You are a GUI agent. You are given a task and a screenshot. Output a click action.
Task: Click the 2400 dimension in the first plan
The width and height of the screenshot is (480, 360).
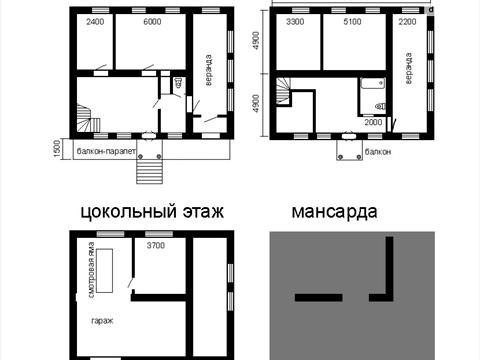click(x=96, y=22)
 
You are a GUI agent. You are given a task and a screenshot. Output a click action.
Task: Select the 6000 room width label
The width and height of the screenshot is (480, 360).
click(x=153, y=22)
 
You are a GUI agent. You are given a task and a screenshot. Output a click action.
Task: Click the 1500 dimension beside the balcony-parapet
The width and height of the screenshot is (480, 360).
click(x=56, y=148)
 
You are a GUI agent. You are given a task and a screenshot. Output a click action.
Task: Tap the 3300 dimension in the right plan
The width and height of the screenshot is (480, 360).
click(x=295, y=22)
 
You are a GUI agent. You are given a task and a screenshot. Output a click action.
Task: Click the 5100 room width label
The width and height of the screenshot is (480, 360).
click(x=353, y=22)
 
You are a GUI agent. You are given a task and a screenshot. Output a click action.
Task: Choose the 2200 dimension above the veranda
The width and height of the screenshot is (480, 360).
click(x=409, y=22)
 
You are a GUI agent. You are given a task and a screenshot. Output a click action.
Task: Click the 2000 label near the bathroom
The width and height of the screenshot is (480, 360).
click(x=372, y=121)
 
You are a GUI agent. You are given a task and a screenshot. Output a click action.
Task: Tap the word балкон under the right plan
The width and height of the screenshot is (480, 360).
click(x=379, y=152)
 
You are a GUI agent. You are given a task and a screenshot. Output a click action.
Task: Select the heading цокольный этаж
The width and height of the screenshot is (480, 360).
click(x=150, y=212)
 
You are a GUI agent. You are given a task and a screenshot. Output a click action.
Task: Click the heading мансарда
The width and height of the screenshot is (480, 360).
click(x=334, y=212)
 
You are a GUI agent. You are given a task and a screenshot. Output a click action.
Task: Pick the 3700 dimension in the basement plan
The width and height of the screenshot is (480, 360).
click(x=157, y=245)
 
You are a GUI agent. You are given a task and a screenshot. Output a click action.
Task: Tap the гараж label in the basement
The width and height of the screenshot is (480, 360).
click(x=101, y=320)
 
